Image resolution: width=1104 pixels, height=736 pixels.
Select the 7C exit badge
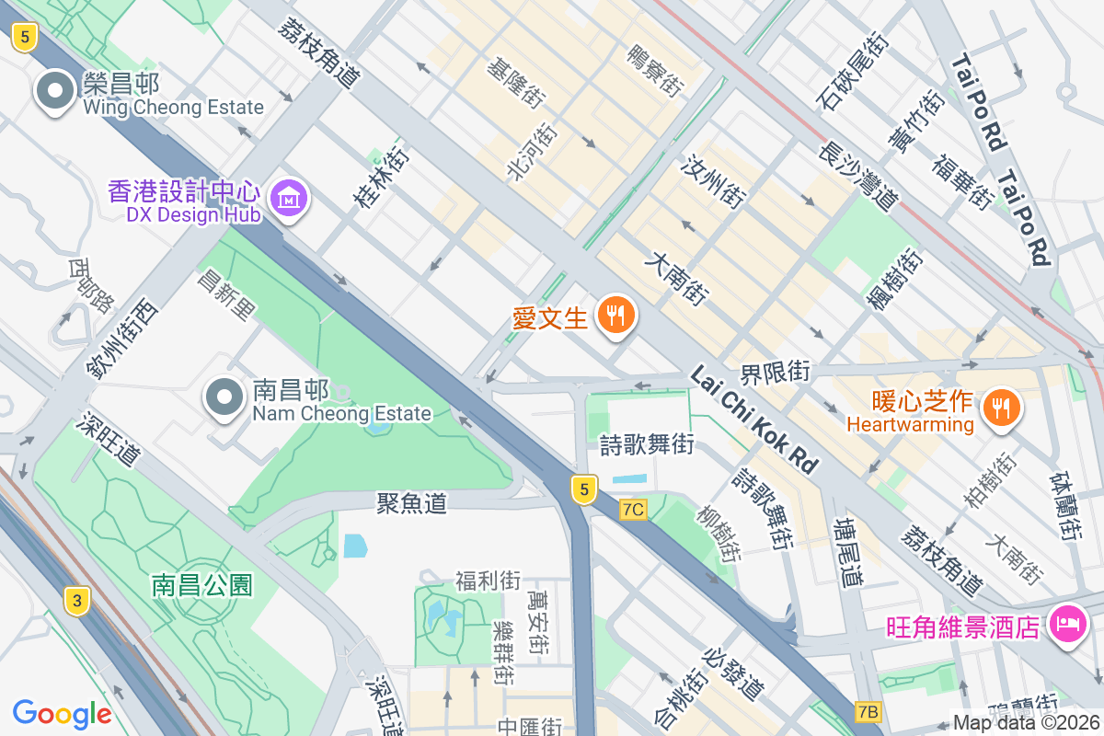(633, 510)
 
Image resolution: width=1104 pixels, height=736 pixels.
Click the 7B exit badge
(868, 711)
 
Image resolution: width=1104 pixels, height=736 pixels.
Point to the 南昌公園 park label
(202, 585)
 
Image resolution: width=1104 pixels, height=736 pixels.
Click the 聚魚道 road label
(411, 502)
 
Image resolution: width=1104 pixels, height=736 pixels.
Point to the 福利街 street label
(488, 581)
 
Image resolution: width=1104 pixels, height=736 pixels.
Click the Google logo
(62, 713)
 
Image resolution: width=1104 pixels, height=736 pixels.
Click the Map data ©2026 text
(1026, 723)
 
